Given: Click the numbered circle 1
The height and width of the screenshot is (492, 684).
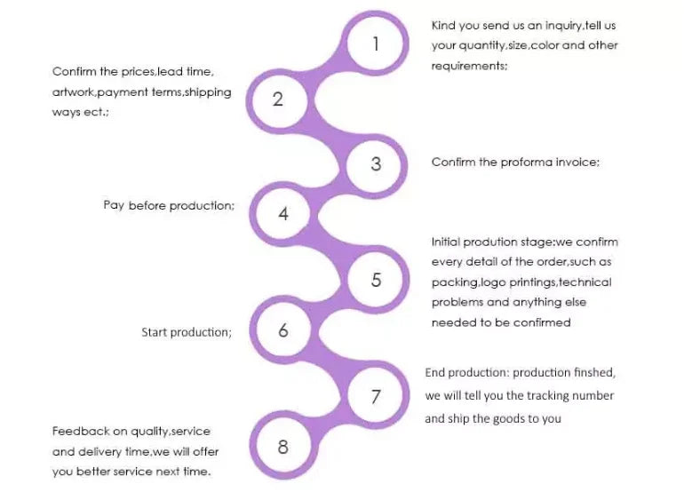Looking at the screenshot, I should [376, 43].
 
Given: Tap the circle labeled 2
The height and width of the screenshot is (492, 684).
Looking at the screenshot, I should [278, 99].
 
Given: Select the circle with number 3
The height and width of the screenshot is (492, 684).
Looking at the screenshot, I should [376, 163].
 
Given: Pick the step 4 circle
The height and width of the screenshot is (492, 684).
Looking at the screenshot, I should [283, 214].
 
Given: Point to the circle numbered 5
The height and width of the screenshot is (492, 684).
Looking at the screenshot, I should [376, 279].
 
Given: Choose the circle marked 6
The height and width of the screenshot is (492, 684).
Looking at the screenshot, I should [283, 330].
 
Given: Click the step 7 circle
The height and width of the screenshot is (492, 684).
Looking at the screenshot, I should [376, 396].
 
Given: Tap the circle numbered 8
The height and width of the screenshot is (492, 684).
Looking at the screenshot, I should [283, 447].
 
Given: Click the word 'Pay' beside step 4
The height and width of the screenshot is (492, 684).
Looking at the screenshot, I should [114, 205].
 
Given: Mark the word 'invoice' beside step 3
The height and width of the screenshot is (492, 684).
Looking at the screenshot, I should [578, 162].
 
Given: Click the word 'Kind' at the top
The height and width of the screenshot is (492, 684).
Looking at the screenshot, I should [443, 26].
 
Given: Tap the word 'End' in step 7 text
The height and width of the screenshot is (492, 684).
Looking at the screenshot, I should [435, 372].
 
